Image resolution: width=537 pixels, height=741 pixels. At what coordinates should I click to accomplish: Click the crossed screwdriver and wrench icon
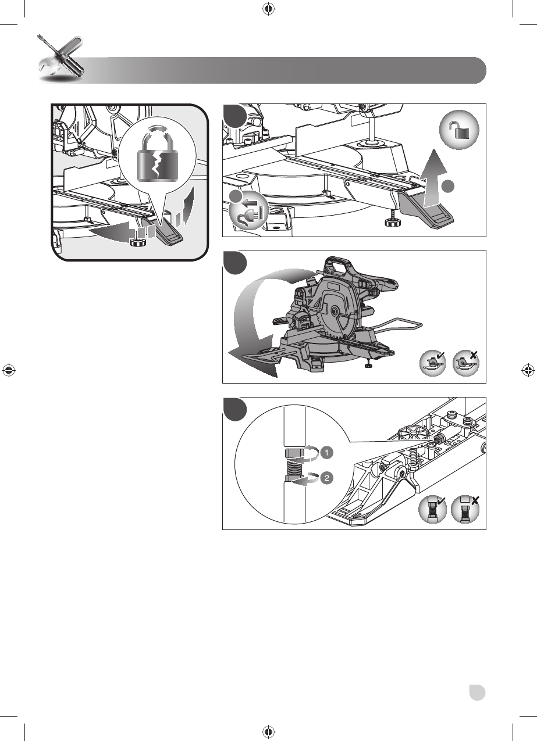click(x=61, y=59)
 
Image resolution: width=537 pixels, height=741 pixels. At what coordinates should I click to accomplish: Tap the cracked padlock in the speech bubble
click(x=158, y=157)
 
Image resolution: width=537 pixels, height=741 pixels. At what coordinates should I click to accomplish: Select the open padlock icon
click(x=459, y=130)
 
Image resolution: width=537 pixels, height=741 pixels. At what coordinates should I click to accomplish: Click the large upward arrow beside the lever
click(x=433, y=178)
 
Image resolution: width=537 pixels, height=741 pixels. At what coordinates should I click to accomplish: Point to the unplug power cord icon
click(x=248, y=212)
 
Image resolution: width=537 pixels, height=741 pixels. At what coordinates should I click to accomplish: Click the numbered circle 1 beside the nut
click(x=327, y=452)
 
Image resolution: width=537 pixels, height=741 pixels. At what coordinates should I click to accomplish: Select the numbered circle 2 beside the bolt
click(x=327, y=478)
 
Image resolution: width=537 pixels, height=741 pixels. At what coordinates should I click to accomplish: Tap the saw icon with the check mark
click(x=433, y=363)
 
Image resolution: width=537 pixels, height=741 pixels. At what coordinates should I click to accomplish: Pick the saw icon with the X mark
click(x=466, y=363)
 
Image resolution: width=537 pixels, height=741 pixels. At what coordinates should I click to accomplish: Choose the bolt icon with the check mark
click(x=432, y=510)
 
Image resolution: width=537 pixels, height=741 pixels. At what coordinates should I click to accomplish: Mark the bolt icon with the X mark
click(x=465, y=510)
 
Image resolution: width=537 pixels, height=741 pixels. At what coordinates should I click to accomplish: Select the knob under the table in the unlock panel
click(x=393, y=223)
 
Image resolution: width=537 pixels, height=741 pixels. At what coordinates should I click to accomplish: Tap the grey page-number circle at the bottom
click(x=477, y=693)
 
